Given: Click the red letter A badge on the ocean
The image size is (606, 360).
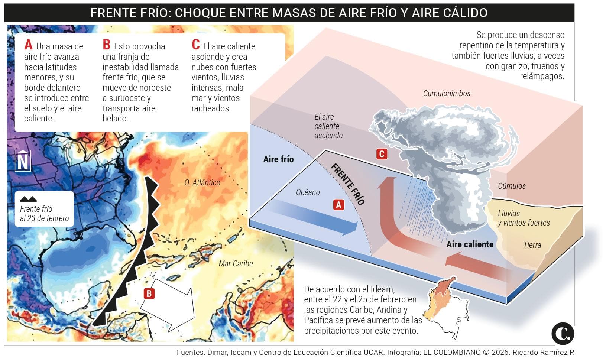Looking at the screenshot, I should coord(338,205).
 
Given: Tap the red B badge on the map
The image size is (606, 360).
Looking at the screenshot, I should coord(149,293).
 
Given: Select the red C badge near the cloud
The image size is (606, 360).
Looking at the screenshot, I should coord(382,154).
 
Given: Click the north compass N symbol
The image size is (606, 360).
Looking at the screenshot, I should coord(23,161).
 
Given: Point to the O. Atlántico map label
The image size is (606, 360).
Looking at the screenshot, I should coord(202,182).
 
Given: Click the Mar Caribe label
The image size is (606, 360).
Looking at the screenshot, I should coord(236,263).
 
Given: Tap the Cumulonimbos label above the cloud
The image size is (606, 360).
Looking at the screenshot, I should coord(447,93).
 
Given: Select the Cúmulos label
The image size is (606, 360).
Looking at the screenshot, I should coord(512,186).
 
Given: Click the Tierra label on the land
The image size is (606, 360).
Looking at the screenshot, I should coord(532,245).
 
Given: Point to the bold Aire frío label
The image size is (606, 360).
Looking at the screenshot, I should coord(278,159).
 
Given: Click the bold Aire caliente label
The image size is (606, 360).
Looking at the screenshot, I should coord(470,244).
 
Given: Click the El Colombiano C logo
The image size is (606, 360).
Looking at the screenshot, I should coord(563,333).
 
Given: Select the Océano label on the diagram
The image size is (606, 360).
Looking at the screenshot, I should coord(308,192).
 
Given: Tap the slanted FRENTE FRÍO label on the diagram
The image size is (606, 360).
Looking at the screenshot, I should coord(348,184).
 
